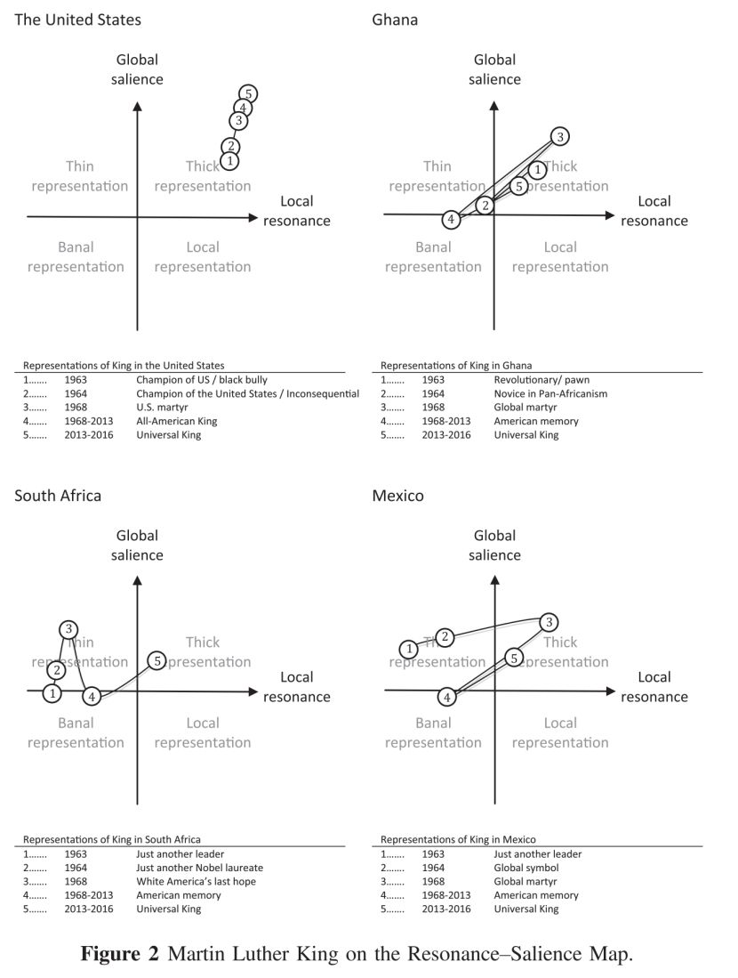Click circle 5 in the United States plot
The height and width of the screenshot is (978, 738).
coord(249,94)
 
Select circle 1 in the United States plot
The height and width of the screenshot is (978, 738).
coord(230,161)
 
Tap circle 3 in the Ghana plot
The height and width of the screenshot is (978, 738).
coord(559,136)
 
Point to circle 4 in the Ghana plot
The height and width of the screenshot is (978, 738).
coord(452,219)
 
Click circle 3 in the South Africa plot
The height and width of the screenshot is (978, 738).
coord(68,628)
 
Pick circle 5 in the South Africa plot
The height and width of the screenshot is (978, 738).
coord(156,660)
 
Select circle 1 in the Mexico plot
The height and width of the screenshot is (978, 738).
coord(408,649)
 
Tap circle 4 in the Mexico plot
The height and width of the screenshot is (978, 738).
coord(448,697)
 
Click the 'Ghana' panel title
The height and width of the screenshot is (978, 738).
coord(394,20)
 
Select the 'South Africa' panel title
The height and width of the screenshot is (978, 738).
coord(58,496)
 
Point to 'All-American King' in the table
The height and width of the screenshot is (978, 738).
coord(177,421)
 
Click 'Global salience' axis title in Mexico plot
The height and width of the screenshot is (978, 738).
coord(495,545)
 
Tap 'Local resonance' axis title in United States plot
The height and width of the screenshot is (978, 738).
coord(297,211)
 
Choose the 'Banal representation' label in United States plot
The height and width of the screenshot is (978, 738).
coord(76,256)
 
